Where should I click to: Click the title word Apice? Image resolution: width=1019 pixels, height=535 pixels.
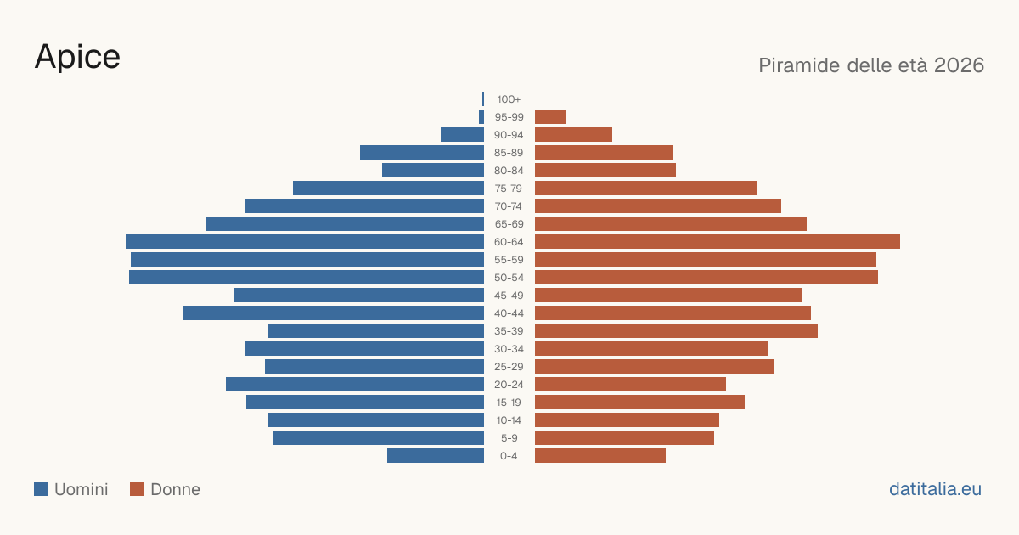click(77, 57)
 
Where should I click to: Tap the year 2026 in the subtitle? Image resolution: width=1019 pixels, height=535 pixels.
click(959, 65)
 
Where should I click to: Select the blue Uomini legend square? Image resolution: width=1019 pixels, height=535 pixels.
click(41, 489)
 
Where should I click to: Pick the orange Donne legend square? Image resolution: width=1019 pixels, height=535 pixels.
click(137, 489)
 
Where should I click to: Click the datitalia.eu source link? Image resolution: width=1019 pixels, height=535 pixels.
click(935, 489)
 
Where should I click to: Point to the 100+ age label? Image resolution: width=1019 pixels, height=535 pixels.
click(509, 99)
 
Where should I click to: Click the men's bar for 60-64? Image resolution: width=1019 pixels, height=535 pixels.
click(305, 241)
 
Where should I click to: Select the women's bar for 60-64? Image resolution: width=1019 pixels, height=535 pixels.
click(718, 241)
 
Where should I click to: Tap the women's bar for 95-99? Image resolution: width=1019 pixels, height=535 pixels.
click(550, 117)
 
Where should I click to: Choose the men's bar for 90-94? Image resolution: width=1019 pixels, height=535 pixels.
click(462, 135)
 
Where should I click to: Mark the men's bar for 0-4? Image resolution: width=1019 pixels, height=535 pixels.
click(436, 456)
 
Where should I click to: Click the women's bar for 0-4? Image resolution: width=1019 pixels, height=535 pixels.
click(600, 456)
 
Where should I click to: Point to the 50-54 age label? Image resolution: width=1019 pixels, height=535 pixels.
click(509, 278)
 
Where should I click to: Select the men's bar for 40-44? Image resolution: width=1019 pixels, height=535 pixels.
click(333, 313)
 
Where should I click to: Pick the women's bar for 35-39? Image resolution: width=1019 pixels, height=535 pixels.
click(676, 330)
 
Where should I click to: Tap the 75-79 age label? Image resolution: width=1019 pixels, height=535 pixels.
click(509, 189)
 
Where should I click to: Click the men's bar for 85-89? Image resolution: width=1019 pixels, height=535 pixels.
click(422, 152)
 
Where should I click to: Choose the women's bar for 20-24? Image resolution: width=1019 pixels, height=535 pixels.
click(630, 385)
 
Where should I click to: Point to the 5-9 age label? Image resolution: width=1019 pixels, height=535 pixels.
click(509, 438)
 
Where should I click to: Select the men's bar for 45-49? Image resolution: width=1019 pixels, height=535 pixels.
click(359, 296)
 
